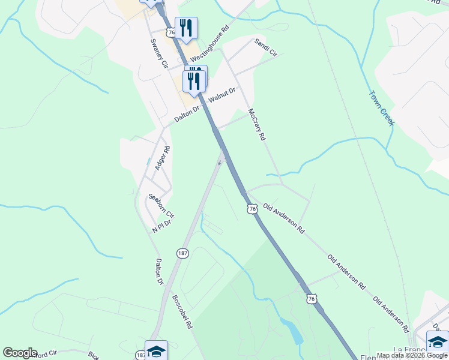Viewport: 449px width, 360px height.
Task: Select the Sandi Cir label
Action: [x=266, y=48]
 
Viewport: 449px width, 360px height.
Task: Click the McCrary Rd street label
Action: [x=256, y=124]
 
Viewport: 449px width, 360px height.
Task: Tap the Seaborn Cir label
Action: [x=161, y=206]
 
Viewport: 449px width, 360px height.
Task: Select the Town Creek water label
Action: [x=381, y=108]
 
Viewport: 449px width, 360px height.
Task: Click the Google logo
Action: [x=20, y=353]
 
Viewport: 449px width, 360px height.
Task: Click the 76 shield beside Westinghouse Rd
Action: [x=172, y=32]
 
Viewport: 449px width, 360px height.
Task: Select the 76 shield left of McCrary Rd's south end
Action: [x=252, y=208]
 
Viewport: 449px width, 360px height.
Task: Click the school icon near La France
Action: [x=437, y=341]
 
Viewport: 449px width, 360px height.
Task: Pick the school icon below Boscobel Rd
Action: [x=156, y=351]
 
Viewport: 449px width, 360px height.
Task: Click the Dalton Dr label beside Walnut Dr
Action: [x=186, y=114]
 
